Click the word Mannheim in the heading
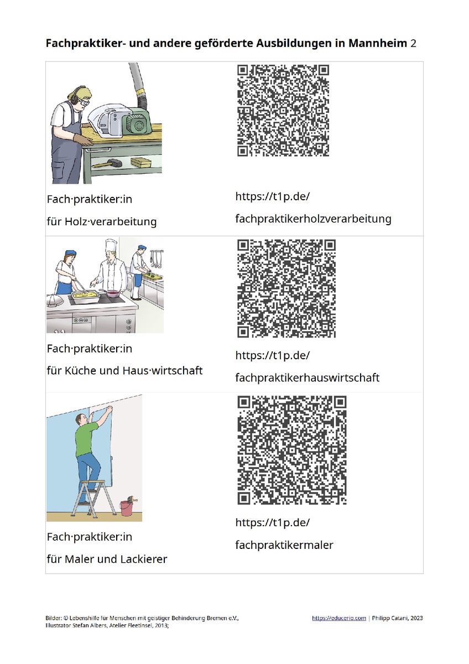[x=377, y=43]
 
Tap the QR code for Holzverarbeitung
[x=283, y=111]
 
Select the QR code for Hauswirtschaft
[x=286, y=288]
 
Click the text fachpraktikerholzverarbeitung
[x=313, y=219]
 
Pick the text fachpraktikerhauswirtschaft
[x=308, y=378]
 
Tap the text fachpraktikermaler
[x=284, y=545]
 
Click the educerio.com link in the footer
[x=339, y=618]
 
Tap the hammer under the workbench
[x=107, y=163]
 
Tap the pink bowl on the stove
[x=112, y=294]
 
